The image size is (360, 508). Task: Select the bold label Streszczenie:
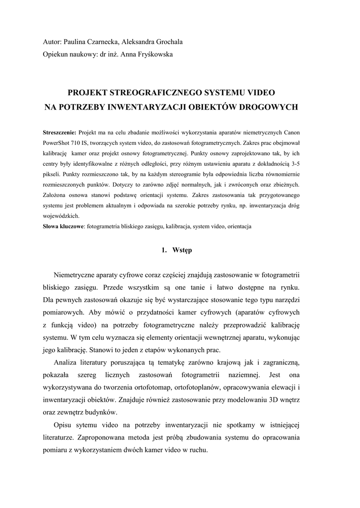point(60,132)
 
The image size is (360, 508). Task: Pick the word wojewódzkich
point(61,216)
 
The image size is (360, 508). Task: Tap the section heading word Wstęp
point(182,250)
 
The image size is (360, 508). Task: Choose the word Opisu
point(65,425)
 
